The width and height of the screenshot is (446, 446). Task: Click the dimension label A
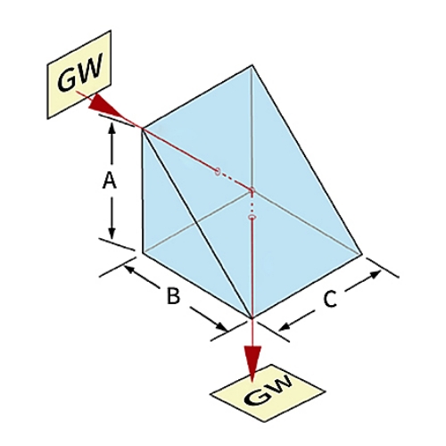point(109,181)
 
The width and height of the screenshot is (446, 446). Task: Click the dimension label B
point(173,296)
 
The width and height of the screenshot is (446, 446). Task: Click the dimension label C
point(330,299)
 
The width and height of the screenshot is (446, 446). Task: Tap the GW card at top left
point(79,74)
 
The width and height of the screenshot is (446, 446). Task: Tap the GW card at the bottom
point(268,392)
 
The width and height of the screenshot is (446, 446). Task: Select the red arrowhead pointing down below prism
point(252,362)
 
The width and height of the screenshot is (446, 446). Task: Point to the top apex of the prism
point(252,65)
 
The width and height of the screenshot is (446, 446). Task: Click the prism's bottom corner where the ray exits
point(252,318)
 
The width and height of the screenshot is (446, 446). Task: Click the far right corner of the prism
point(362,254)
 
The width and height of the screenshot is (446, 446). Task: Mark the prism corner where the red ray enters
point(143,128)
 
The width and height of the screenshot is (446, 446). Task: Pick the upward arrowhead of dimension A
point(111,128)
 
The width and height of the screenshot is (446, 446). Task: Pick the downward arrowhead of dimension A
point(111,234)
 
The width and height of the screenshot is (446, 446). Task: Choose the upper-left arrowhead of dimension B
point(128,269)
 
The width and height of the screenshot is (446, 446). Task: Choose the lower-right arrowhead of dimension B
point(221,326)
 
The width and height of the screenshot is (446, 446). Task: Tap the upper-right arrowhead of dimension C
point(375,274)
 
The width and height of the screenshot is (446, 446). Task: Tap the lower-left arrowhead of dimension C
point(284,327)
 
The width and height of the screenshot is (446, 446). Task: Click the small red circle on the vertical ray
point(252,217)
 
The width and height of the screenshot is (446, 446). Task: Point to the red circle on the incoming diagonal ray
point(218,171)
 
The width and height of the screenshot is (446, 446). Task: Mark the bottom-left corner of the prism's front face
point(143,253)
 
